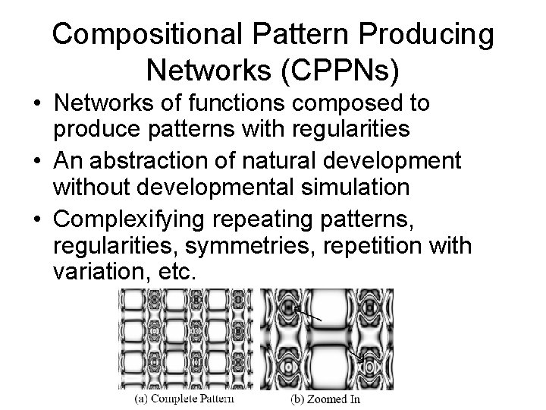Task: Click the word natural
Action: coord(279,161)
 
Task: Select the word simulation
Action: coord(346,187)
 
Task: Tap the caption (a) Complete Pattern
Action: coord(184,399)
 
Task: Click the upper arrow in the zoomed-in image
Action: coord(312,312)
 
